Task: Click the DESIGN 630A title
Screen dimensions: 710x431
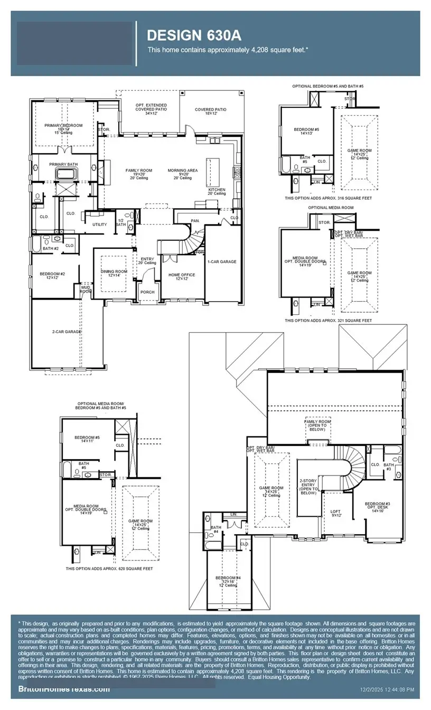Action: click(194, 35)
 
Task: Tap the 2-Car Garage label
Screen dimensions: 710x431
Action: click(67, 331)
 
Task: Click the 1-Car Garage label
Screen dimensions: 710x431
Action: click(222, 261)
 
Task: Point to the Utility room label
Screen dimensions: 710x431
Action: click(99, 225)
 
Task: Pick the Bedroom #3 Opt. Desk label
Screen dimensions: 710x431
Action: click(377, 506)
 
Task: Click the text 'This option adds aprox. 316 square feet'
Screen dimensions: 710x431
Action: click(328, 198)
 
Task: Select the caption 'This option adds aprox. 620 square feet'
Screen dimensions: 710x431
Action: click(109, 569)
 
